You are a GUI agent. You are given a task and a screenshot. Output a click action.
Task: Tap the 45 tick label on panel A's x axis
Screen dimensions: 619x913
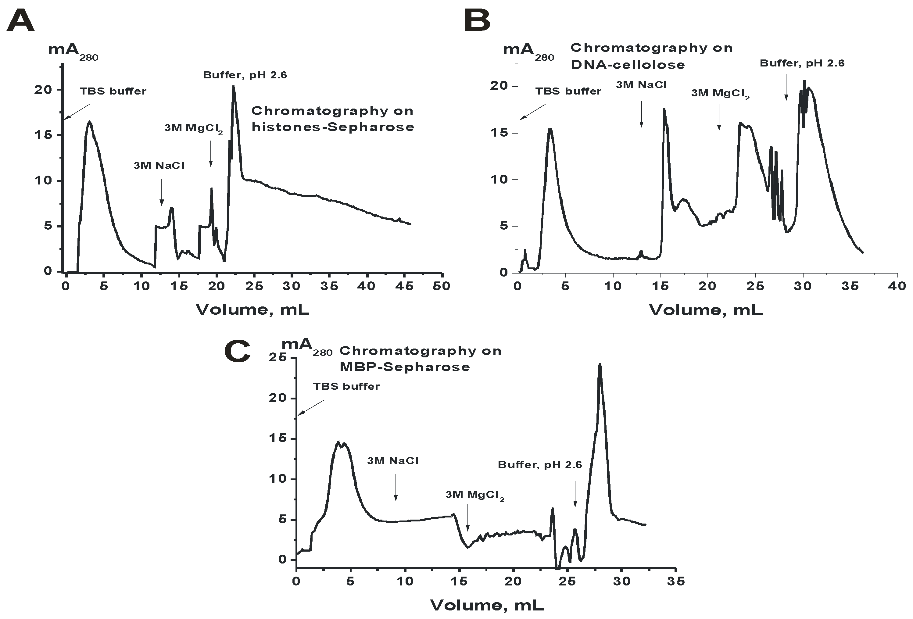[x=404, y=286]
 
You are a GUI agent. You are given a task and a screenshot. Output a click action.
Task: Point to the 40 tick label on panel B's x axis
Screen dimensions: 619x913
[x=897, y=286]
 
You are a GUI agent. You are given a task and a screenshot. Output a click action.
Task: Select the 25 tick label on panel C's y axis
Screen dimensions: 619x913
[x=278, y=357]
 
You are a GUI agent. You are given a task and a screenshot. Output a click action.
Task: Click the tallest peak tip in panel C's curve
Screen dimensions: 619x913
[x=600, y=364]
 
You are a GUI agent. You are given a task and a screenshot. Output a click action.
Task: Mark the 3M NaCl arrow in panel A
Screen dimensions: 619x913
[x=161, y=192]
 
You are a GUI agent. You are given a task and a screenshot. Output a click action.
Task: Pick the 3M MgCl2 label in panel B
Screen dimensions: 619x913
[x=720, y=94]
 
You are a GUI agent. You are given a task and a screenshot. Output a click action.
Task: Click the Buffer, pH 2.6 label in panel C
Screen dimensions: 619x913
[x=540, y=465]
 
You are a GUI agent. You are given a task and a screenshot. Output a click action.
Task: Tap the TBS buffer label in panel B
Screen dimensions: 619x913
[x=568, y=91]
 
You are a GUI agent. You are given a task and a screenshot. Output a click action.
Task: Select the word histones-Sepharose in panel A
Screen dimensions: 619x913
[x=333, y=127]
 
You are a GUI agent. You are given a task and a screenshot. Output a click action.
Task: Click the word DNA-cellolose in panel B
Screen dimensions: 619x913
[x=627, y=65]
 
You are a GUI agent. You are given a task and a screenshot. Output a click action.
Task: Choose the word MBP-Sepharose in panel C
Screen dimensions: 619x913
[x=405, y=367]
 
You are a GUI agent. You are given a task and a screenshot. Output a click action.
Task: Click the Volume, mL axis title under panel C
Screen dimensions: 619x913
[x=487, y=605]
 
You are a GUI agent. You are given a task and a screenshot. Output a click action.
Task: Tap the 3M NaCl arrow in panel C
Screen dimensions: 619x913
[x=396, y=487]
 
